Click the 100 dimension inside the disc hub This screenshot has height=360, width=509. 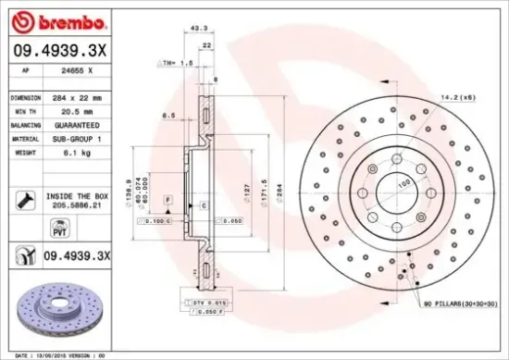coord(403,184)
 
